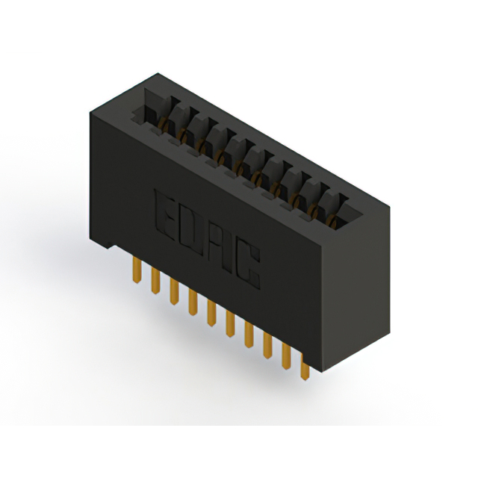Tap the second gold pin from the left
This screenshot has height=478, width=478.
click(x=155, y=280)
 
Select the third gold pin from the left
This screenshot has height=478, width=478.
click(x=173, y=291)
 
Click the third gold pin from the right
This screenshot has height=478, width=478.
click(x=267, y=344)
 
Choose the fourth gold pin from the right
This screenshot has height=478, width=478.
click(x=248, y=334)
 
